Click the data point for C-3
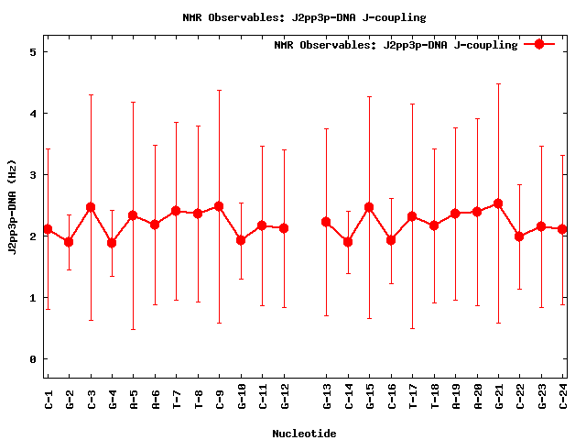(x=91, y=207)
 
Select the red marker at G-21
(x=498, y=203)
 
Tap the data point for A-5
(x=133, y=215)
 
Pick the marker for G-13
(x=326, y=222)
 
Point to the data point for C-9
(x=219, y=206)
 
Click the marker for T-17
(x=412, y=216)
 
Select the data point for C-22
(x=519, y=236)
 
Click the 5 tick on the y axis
(x=32, y=52)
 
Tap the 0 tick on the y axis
(x=32, y=359)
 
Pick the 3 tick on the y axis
(x=32, y=175)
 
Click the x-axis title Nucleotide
(x=304, y=434)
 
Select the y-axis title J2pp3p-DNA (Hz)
(x=13, y=205)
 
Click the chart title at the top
(x=304, y=17)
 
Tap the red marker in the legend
(x=539, y=44)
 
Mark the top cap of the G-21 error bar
(x=498, y=83)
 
